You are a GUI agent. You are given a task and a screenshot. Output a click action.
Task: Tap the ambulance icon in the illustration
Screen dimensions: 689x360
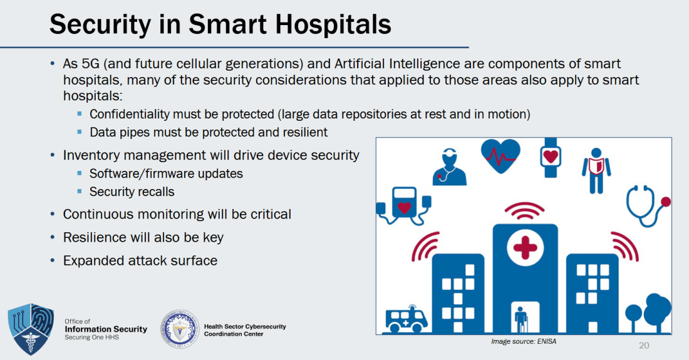407,319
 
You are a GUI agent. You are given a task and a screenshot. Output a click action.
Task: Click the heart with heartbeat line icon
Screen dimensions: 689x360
500,155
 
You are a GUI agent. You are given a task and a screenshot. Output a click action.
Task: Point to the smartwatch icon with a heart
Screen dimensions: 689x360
551,157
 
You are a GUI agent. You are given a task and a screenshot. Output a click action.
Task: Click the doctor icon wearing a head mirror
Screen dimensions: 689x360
449,167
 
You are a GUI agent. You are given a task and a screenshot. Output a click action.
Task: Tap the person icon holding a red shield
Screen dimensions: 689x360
596,171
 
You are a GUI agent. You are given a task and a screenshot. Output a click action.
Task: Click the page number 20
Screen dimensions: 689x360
644,346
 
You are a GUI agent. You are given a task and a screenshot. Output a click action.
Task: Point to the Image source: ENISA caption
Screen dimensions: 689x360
524,341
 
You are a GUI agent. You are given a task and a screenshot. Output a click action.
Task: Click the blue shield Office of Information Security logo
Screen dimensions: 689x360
31,329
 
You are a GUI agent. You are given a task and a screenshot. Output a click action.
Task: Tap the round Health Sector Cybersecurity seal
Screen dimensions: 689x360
180,329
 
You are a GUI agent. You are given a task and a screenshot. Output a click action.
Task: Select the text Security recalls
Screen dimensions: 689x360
132,192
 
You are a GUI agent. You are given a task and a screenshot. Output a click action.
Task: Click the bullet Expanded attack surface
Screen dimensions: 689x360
140,260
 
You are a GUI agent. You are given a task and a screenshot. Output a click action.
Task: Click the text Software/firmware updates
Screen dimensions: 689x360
166,173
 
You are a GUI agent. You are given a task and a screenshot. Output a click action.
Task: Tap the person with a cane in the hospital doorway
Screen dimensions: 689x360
521,319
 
